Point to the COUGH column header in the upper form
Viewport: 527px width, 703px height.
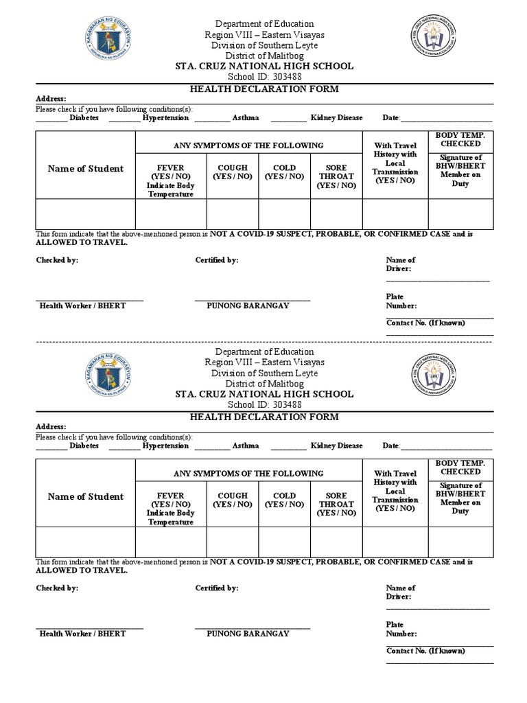click(x=233, y=172)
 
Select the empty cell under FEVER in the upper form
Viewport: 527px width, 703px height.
click(x=171, y=214)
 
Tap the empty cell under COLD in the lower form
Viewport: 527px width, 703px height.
click(x=284, y=542)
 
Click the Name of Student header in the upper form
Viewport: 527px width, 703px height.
click(x=86, y=169)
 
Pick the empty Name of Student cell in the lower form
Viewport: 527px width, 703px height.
click(x=86, y=542)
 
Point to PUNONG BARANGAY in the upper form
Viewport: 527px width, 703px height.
click(x=248, y=306)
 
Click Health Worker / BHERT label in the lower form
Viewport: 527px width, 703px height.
click(x=82, y=634)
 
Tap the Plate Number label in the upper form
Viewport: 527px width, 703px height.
click(x=401, y=301)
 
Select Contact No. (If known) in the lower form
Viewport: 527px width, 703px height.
click(x=425, y=651)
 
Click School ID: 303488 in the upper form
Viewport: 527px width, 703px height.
click(x=264, y=77)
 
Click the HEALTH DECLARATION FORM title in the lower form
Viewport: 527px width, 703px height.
click(x=264, y=417)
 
